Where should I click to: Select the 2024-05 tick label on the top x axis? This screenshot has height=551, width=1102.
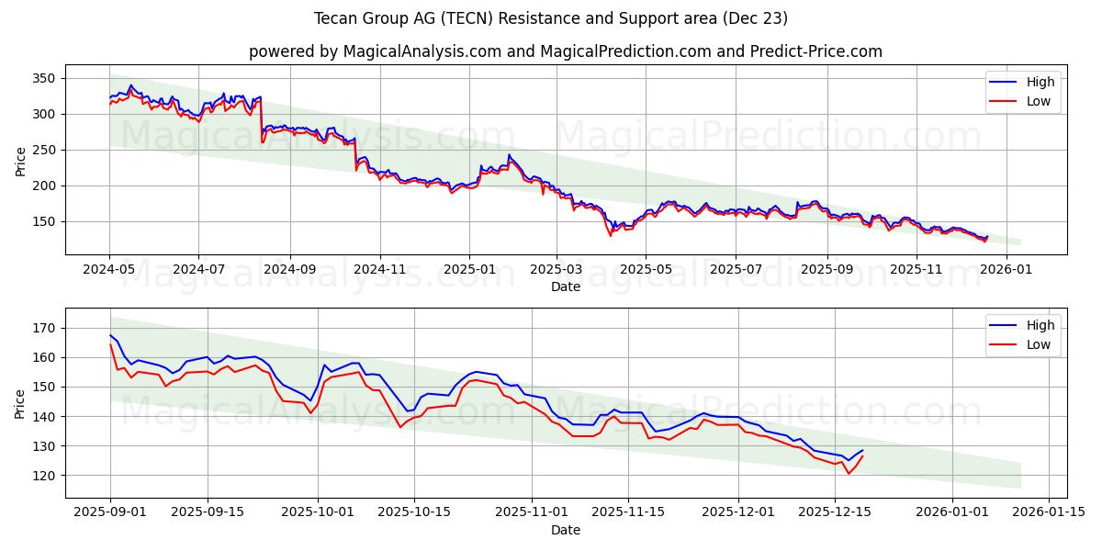coord(109,269)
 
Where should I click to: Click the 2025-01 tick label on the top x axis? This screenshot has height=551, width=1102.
coord(468,269)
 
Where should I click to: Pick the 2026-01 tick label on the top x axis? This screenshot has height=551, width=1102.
coord(1007,269)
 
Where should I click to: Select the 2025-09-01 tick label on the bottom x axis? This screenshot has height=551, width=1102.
coord(110,512)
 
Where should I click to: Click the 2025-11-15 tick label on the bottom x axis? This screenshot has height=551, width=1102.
coord(628,512)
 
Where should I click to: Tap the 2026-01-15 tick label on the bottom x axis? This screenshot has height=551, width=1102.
coord(1050,512)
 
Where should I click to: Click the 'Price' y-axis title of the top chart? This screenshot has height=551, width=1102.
coord(21,160)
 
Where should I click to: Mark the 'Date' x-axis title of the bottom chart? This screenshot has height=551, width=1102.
coord(566,530)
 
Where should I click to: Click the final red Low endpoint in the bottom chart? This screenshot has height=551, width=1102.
coord(862,456)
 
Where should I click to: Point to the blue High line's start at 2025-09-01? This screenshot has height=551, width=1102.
coord(110,335)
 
